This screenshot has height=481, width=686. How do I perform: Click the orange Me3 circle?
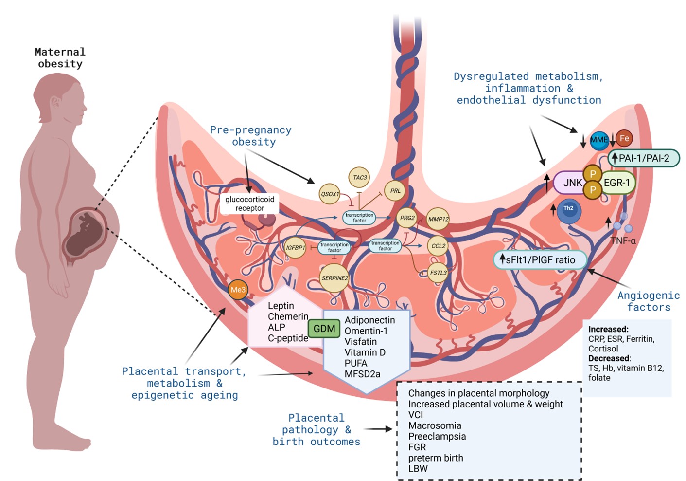click(238, 290)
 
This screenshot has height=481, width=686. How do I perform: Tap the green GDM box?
click(324, 329)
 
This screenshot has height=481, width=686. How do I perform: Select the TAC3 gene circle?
click(359, 178)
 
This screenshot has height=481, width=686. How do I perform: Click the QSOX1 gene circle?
click(330, 194)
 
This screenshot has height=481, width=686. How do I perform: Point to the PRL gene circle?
click(395, 191)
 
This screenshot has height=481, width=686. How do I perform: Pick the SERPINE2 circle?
click(334, 278)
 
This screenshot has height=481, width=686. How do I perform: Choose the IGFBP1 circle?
click(295, 248)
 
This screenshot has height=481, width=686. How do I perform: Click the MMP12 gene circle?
click(438, 219)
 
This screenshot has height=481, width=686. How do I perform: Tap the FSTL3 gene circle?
click(438, 273)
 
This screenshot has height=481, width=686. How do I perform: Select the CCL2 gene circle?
click(438, 246)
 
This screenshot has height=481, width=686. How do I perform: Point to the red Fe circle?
click(624, 138)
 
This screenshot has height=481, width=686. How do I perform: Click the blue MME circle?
click(599, 140)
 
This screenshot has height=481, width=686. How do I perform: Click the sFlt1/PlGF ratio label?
click(540, 260)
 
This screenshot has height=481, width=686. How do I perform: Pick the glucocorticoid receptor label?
click(249, 203)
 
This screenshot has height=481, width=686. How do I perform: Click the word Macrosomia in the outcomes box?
click(435, 425)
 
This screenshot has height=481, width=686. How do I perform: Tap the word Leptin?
click(281, 306)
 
